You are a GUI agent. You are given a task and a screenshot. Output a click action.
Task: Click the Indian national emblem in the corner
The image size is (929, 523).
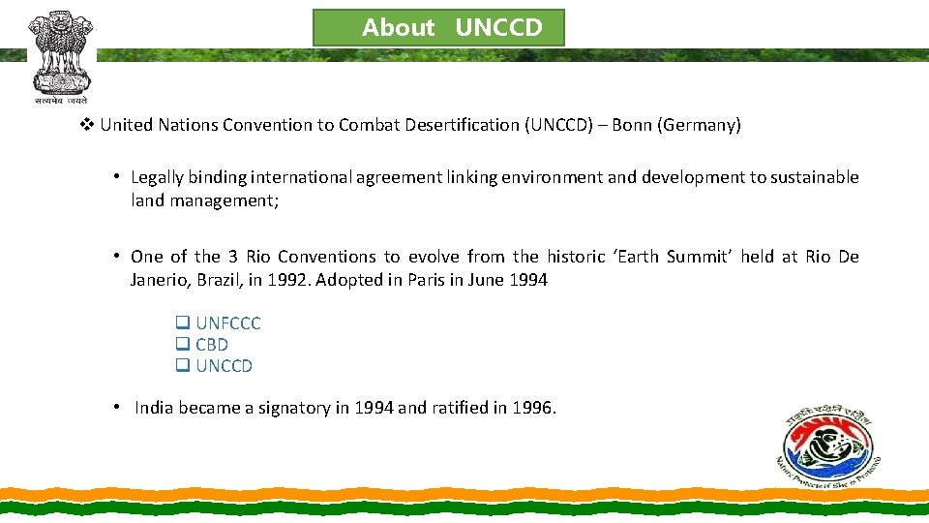(x=61, y=56)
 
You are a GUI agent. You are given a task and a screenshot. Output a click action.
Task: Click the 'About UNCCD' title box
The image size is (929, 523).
(x=438, y=28)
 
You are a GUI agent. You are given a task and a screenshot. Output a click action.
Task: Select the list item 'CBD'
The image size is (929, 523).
(x=212, y=345)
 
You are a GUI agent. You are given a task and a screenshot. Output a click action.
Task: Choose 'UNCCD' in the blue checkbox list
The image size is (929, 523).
(x=224, y=366)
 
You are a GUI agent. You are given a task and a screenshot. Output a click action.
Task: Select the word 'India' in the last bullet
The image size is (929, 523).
(x=153, y=408)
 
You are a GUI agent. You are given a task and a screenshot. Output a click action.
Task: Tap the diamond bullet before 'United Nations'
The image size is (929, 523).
(x=87, y=125)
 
